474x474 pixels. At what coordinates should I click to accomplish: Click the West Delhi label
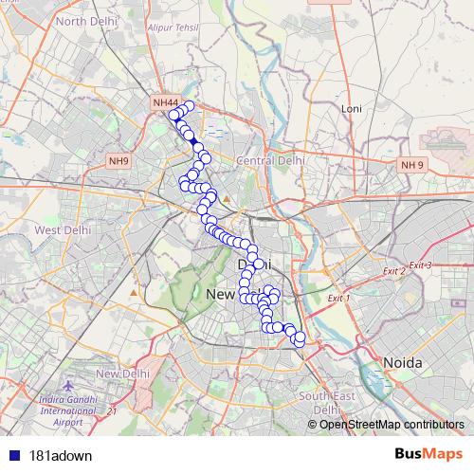pyautogui.click(x=61, y=229)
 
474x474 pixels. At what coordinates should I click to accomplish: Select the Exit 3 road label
pyautogui.click(x=420, y=264)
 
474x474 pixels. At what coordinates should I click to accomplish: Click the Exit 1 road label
pyautogui.click(x=338, y=299)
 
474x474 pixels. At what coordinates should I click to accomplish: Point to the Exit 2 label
pyautogui.click(x=393, y=272)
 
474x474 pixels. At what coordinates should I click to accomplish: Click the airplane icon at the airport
pyautogui.click(x=69, y=389)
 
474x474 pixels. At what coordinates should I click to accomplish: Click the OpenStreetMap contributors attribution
pyautogui.click(x=391, y=424)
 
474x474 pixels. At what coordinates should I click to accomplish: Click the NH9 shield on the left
pyautogui.click(x=118, y=161)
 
